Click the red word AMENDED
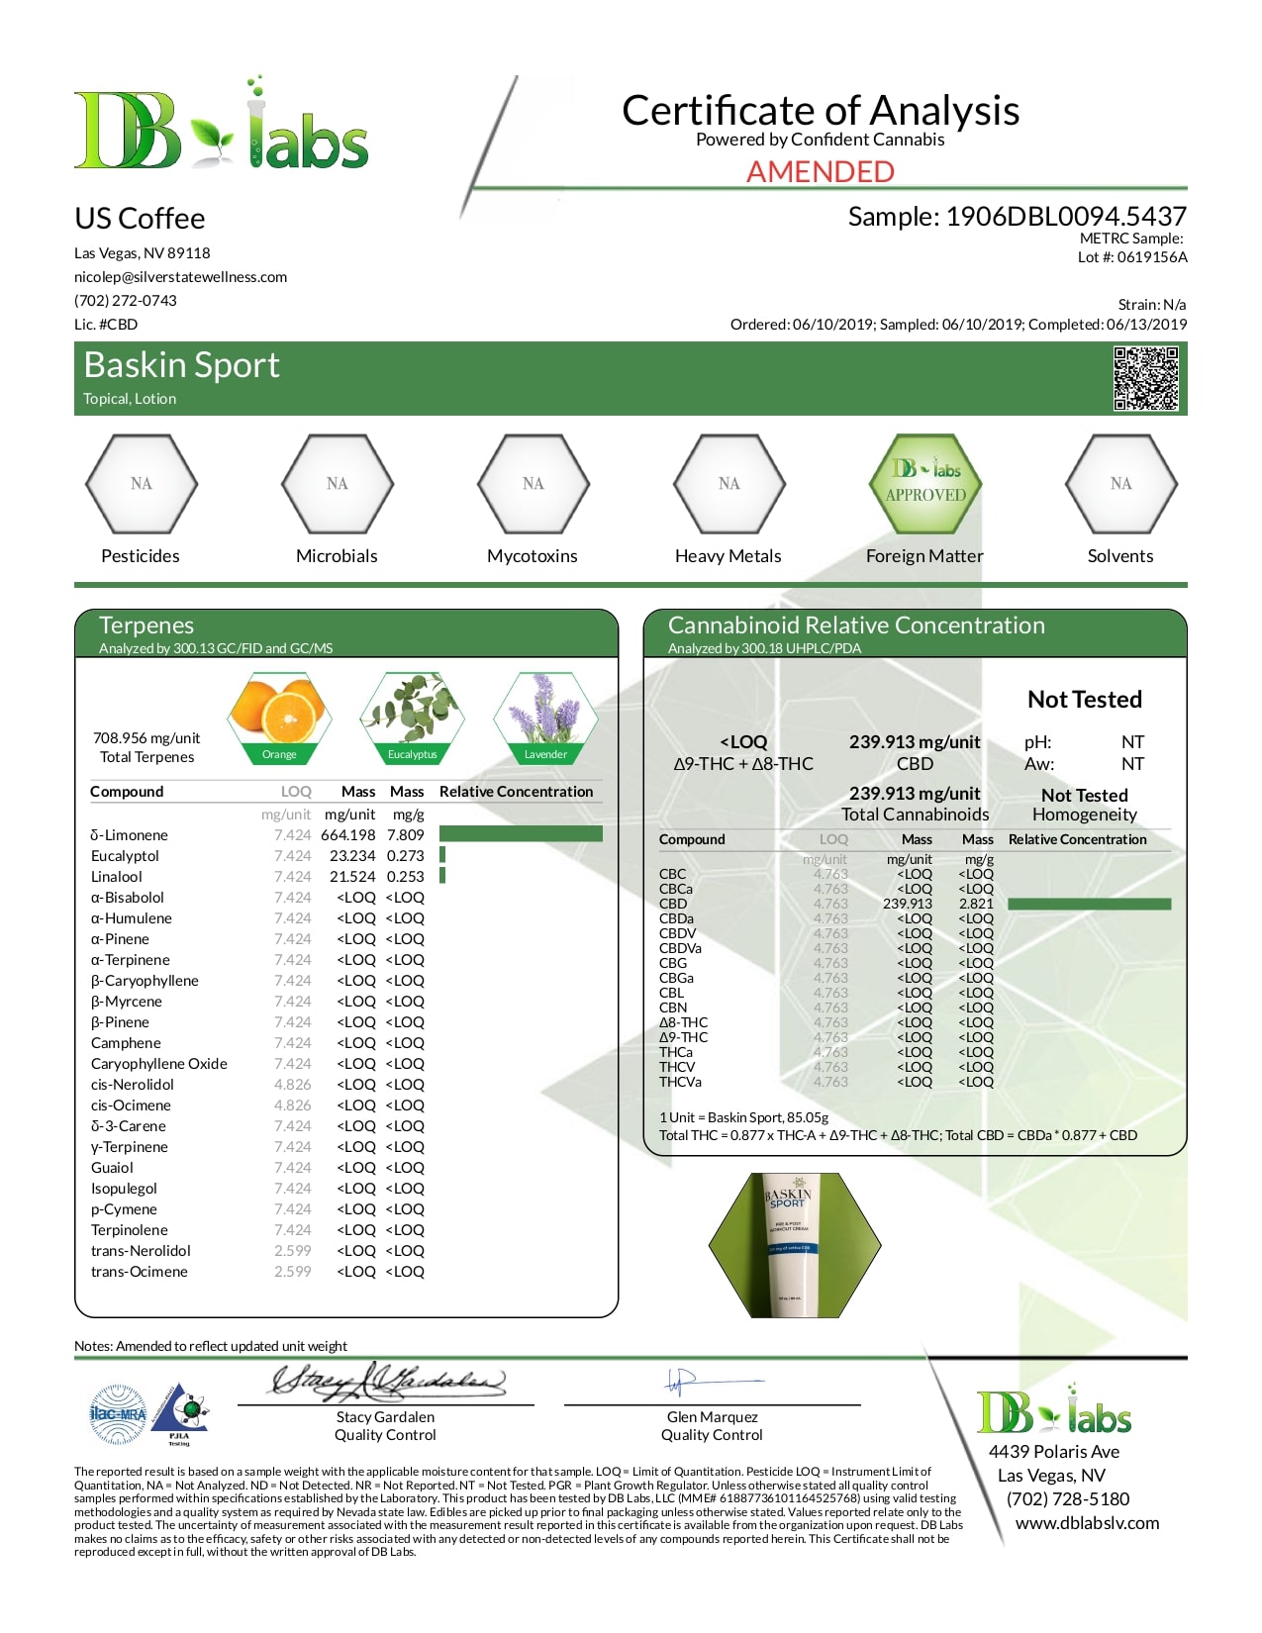pos(820,171)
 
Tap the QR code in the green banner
pos(1145,378)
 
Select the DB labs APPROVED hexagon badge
pos(925,483)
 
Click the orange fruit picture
pos(279,715)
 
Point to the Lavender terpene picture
pos(545,715)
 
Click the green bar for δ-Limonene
pos(521,834)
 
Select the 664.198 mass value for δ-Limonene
pos(348,835)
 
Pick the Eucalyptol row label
pos(125,856)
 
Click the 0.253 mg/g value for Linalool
pos(406,877)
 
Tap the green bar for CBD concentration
pos(1089,904)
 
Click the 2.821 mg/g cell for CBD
pos(976,904)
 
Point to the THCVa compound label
pos(680,1082)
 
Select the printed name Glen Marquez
pos(712,1417)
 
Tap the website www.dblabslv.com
pos(1087,1523)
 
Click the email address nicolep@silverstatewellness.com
pos(180,277)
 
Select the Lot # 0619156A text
pos(1132,257)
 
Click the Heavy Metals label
pos(728,556)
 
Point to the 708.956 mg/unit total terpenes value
pos(146,738)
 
